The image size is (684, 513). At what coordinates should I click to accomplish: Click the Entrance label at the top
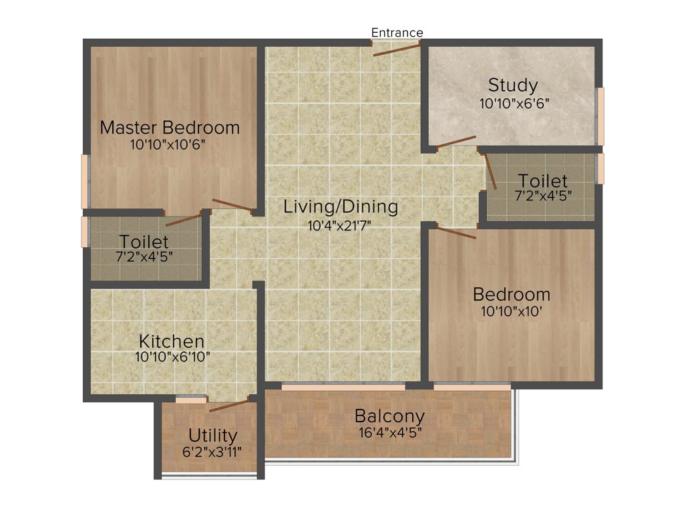point(397,33)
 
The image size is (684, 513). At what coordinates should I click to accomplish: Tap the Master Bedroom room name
point(170,128)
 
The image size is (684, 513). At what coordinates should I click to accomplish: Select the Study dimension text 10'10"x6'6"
point(514,104)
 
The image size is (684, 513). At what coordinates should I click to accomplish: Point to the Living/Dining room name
point(341,206)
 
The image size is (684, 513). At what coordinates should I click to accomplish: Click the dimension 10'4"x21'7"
point(340,224)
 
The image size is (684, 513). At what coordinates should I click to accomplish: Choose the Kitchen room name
point(172,341)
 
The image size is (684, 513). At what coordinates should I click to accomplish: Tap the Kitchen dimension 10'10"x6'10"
point(172,357)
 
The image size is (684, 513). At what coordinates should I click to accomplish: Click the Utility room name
point(212,436)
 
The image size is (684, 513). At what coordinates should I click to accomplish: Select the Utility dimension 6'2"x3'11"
point(212,452)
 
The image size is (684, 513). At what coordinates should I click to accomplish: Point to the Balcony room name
point(389,416)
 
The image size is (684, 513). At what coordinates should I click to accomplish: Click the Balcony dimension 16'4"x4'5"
point(389,432)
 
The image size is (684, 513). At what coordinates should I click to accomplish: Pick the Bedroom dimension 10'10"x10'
point(512,311)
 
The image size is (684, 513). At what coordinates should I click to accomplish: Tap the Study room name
point(513,85)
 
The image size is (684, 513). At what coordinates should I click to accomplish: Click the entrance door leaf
point(397,49)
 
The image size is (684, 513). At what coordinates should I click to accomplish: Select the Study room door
point(456,141)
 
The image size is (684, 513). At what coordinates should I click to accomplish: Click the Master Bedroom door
point(232,206)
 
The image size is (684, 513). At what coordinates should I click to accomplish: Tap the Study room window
point(601,116)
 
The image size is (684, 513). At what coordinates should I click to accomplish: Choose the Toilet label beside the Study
point(543,181)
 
